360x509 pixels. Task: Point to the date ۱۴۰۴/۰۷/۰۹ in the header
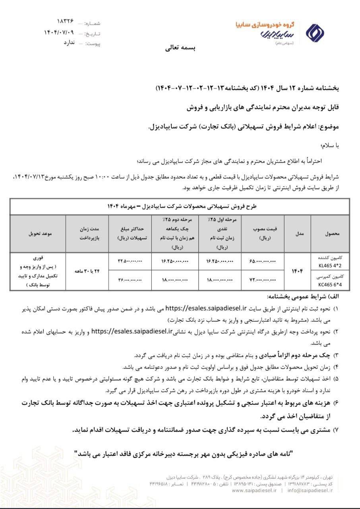click(59, 33)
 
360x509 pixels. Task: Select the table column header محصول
click(332, 234)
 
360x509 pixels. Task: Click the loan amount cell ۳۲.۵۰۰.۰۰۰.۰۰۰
click(130, 261)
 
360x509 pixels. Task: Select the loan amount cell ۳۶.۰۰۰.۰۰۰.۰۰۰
click(130, 280)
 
